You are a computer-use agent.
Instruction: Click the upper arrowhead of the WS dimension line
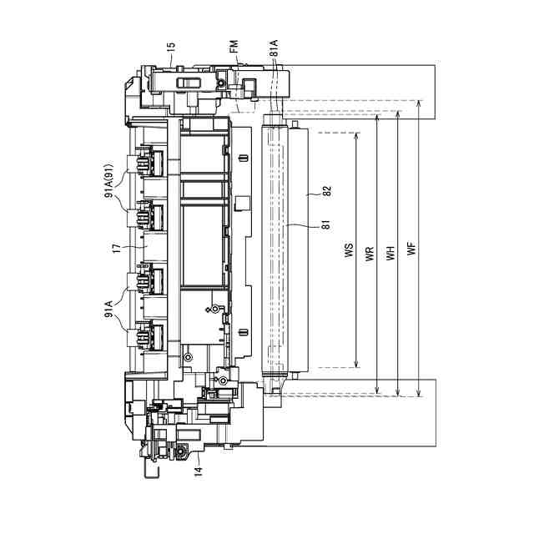tap(357, 135)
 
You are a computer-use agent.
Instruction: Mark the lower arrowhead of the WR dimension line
tap(378, 390)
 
